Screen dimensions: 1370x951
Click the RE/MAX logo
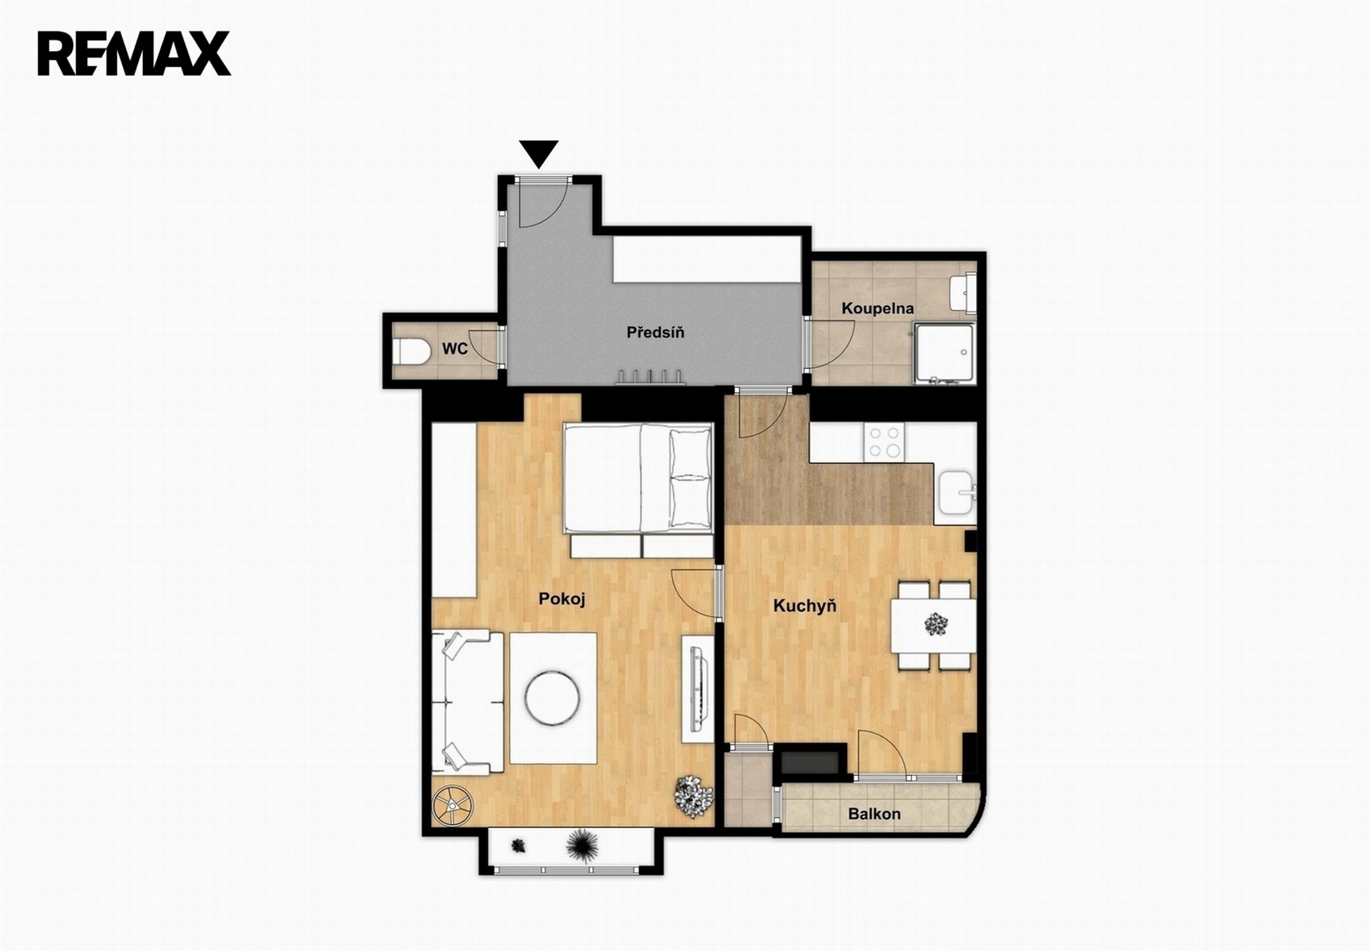134,54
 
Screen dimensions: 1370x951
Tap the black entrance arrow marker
539,154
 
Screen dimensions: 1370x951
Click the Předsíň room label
655,333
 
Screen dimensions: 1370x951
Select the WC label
455,349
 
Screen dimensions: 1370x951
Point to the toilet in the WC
411,352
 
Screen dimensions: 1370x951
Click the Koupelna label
878,309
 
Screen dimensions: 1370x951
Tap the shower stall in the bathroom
944,354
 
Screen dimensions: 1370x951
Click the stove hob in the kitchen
885,442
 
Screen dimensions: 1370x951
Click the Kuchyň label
804,606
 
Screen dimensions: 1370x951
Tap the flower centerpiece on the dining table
936,624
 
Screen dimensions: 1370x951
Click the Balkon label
874,815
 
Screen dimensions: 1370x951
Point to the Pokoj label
561,599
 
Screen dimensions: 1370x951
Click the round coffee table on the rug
552,698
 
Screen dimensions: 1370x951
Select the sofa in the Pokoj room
467,703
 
